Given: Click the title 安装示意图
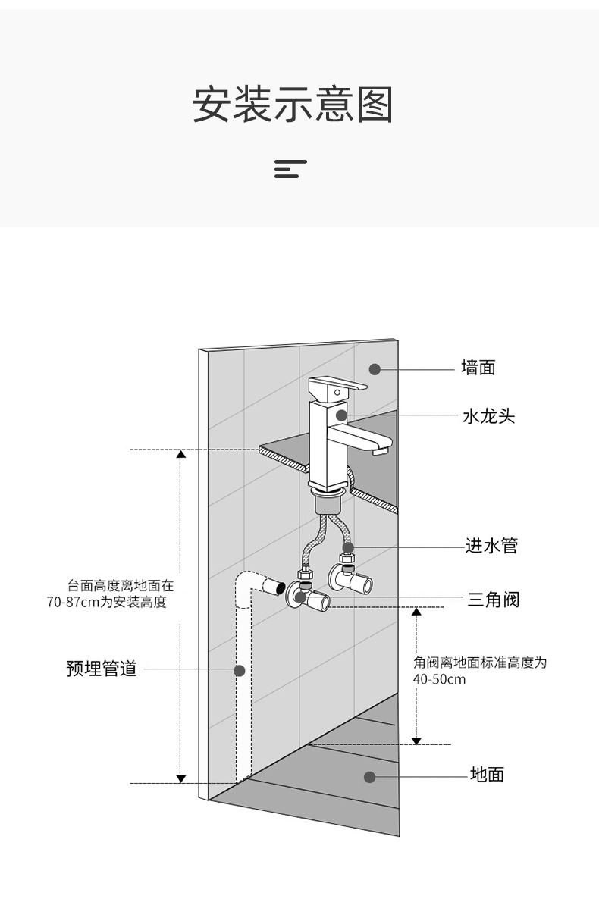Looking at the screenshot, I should [293, 105].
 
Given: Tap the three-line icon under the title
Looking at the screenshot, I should [290, 169].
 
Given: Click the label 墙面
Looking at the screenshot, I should [478, 368].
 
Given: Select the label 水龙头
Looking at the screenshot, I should [488, 416].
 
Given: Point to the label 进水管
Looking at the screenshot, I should [491, 546].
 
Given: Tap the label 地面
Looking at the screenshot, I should [487, 775].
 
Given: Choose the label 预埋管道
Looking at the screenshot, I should [102, 669].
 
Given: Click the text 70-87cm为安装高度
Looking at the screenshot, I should [106, 603].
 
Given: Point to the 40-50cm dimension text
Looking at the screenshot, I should [439, 679].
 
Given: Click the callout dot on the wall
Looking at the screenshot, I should [375, 369].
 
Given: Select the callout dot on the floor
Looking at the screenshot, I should [369, 777].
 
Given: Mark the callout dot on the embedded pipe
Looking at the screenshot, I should [240, 670].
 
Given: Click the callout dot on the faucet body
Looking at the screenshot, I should [341, 415].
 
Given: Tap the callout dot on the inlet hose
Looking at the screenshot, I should [347, 547].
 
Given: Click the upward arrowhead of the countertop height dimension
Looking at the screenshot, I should [181, 455].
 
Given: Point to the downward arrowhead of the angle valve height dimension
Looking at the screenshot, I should [416, 739].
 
